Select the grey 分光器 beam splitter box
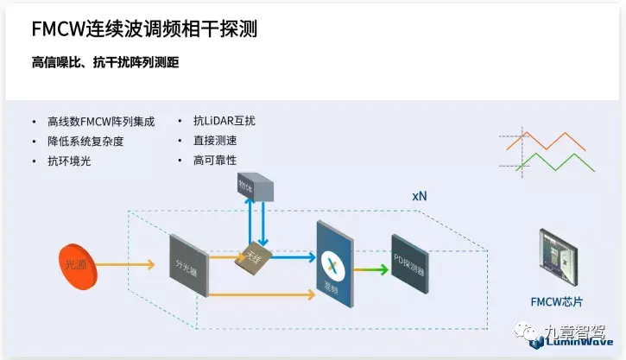pos(188,263)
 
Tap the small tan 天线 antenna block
pos(255,256)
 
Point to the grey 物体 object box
pos(255,186)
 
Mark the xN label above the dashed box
pos(419,196)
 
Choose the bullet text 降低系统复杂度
pos(85,141)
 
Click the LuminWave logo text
pos(579,343)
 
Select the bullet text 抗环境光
pos(69,161)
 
